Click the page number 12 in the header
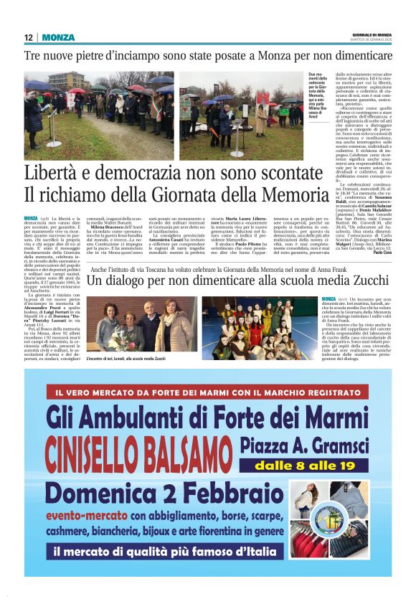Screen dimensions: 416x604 (x=28, y=37)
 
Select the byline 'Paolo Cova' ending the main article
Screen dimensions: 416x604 (x=380, y=273)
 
